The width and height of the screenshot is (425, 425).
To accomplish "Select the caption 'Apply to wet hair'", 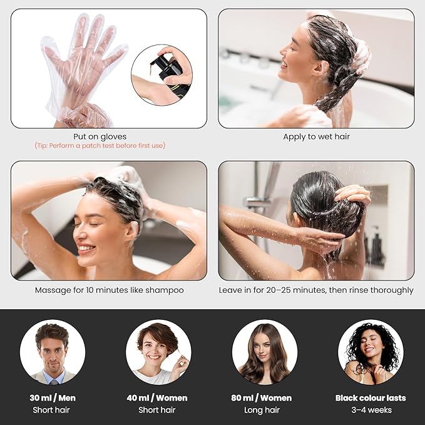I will point(316,136).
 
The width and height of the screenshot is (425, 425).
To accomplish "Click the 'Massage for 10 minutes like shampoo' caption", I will point(109,290).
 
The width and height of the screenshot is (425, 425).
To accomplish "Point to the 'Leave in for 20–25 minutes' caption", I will point(316,290).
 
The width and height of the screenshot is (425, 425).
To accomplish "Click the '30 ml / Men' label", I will point(52,397).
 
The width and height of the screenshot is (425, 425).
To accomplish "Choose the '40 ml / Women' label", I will point(158,397).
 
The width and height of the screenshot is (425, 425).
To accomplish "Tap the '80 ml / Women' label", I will point(265,397).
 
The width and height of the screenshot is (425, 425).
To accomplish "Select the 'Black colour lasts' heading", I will point(371,397).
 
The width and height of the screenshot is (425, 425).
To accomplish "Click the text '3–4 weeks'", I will point(371,410).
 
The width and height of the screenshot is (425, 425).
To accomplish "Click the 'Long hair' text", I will point(265,410).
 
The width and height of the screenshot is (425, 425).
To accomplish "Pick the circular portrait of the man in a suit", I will point(52,352).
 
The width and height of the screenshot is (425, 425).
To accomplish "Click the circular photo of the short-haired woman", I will point(158,352).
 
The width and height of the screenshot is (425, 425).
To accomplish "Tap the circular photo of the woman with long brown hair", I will point(265,352).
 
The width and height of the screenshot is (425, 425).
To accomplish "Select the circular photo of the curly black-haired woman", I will point(371,352).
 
